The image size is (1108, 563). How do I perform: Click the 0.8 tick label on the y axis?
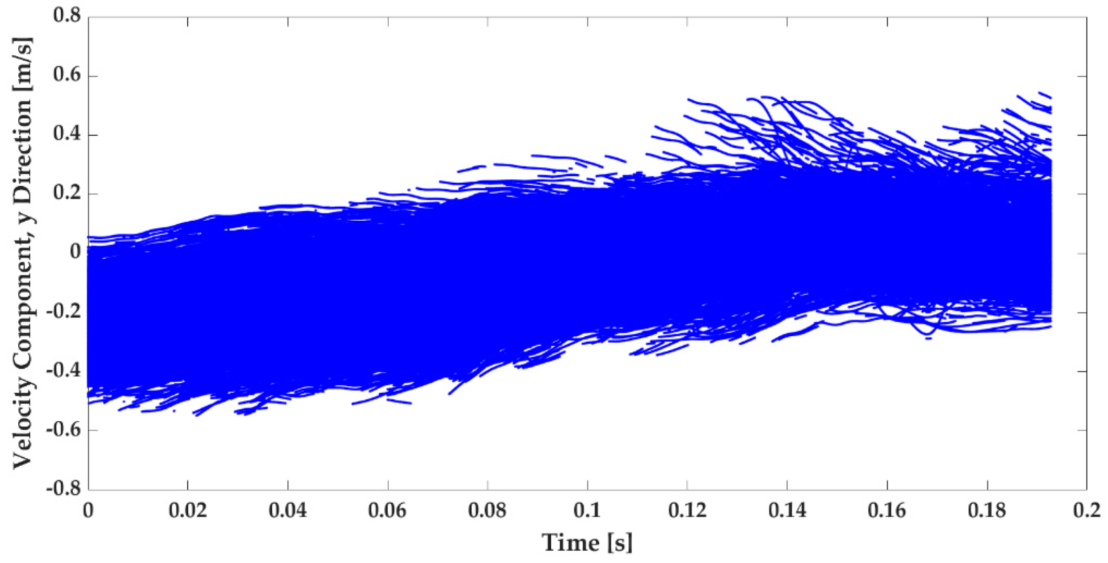[67, 16]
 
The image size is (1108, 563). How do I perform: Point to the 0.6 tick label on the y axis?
[67, 75]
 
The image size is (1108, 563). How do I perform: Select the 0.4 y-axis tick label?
[67, 134]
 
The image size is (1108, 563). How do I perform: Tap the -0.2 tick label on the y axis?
[64, 311]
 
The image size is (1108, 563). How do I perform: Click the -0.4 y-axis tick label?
[64, 371]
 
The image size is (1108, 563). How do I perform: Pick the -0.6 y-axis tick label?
[64, 430]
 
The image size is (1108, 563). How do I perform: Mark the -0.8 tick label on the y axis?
[64, 489]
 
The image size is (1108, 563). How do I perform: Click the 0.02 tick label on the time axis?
[188, 510]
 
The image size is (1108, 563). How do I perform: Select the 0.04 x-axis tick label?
[288, 510]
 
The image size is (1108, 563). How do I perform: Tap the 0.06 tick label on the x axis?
[387, 510]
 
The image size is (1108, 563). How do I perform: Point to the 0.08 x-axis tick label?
[487, 510]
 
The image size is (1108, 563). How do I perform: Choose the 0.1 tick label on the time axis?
[587, 510]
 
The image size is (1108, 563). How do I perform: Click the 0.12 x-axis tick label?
[687, 510]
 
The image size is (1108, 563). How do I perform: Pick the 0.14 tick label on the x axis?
[787, 510]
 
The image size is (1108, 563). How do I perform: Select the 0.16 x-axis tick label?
[887, 510]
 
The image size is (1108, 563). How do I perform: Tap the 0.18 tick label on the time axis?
[987, 510]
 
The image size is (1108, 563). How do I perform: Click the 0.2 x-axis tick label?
[1086, 510]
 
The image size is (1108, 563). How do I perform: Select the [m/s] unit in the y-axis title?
[23, 63]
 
